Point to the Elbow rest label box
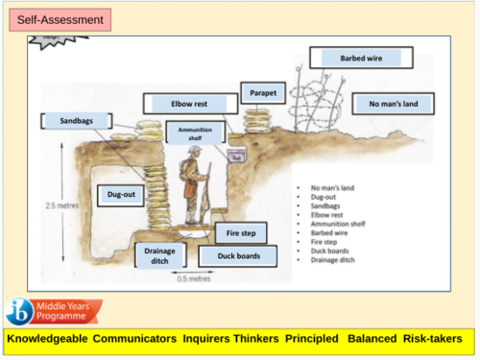tap(188, 104)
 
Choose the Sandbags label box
tap(73, 121)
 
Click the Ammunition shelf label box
tap(196, 132)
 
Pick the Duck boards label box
tap(236, 256)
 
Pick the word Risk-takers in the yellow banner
tap(433, 339)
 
